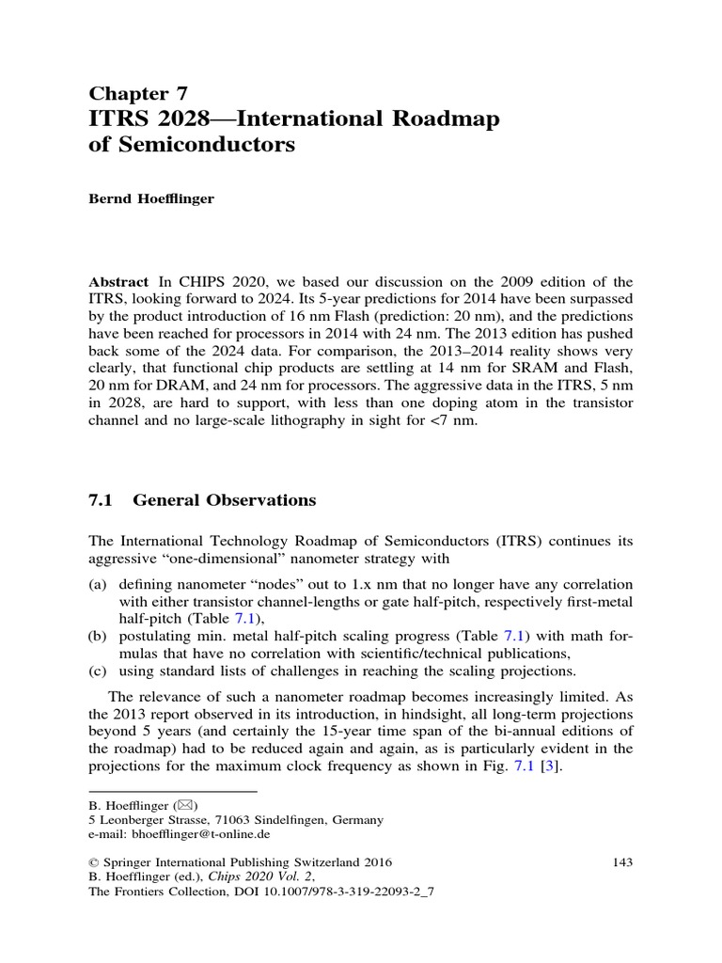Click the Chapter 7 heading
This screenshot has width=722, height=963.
coord(138,92)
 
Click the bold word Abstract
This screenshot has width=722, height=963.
coord(118,282)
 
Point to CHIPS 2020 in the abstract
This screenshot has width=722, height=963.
coord(212,282)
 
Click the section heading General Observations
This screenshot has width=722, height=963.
coord(224,500)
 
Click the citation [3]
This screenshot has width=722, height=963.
coord(557,767)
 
